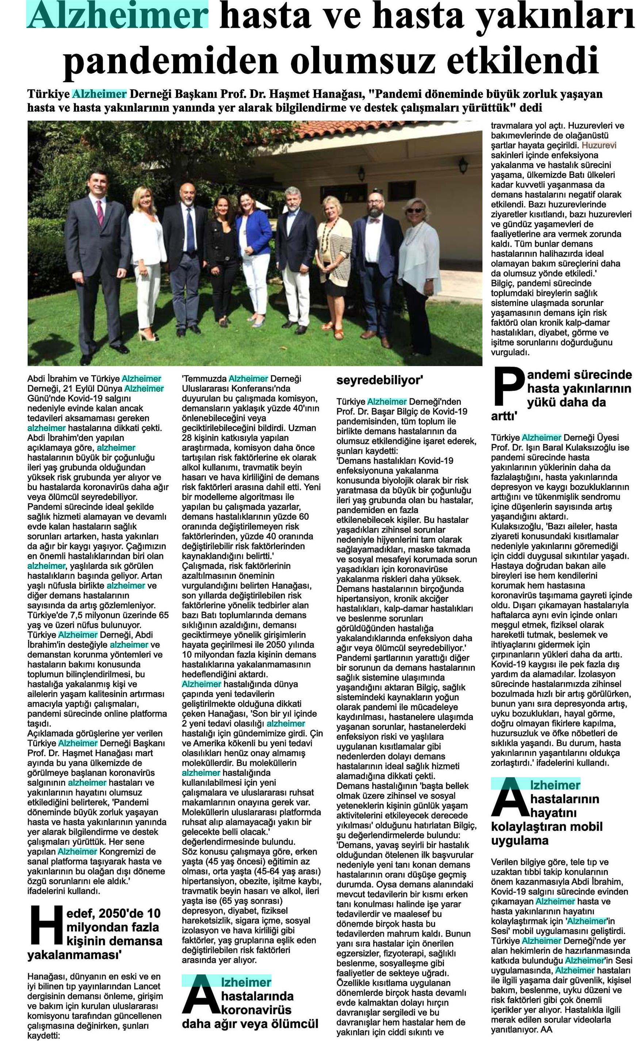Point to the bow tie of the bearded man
tap(374, 220)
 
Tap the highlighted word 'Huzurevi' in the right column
tap(599, 145)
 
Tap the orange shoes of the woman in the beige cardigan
tap(334, 330)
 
